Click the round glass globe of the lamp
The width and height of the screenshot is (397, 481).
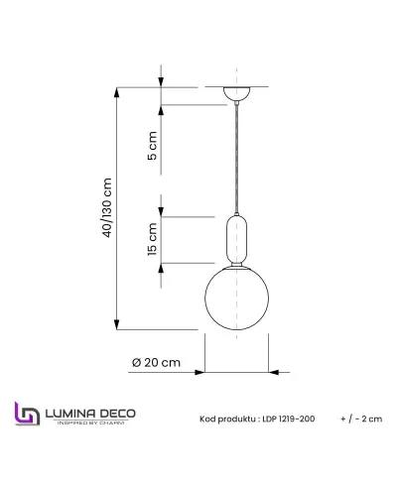click(x=235, y=299)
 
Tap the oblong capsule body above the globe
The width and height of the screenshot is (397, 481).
click(x=235, y=239)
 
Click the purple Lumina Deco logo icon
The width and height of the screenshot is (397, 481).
click(x=25, y=415)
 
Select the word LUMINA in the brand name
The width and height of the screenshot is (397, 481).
click(x=70, y=411)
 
